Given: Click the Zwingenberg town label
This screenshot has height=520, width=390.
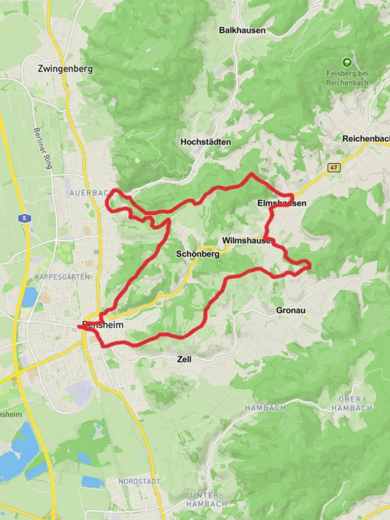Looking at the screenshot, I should [x=65, y=69].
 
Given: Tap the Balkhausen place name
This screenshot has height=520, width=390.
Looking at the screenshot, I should [x=242, y=30].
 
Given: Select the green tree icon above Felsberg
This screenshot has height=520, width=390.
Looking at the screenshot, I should [x=346, y=62].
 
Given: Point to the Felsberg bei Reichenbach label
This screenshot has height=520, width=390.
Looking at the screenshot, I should [x=347, y=78].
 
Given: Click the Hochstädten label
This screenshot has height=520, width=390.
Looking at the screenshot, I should [x=206, y=142].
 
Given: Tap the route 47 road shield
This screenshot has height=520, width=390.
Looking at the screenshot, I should [x=333, y=168].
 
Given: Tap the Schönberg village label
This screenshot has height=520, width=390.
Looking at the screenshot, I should [x=198, y=254].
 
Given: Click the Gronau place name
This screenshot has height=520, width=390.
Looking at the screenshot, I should [x=291, y=311].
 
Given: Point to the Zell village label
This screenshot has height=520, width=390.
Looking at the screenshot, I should [x=184, y=359].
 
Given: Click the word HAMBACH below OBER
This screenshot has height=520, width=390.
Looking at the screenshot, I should [x=355, y=408].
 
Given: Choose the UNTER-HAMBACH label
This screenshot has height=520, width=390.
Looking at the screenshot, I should [x=208, y=499].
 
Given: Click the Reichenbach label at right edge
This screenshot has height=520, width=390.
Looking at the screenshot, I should [x=365, y=139].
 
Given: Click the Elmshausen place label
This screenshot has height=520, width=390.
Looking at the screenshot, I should [x=282, y=203].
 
